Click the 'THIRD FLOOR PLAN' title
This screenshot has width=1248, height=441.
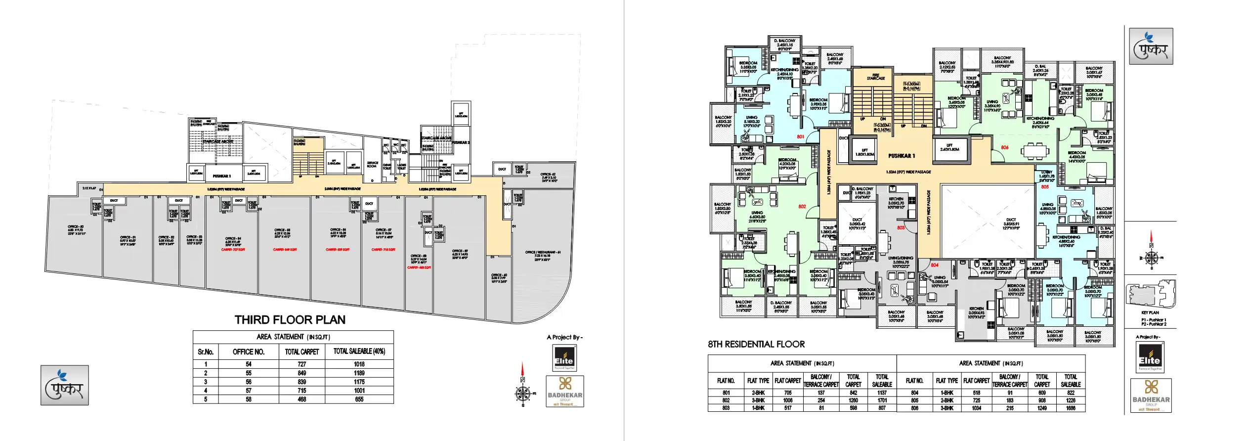coord(290,320)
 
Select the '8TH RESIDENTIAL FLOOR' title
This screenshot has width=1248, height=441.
coord(756,344)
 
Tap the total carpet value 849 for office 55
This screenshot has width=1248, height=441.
coord(301,373)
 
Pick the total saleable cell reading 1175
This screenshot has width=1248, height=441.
coord(359,382)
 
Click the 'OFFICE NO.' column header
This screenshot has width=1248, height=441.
coord(249,352)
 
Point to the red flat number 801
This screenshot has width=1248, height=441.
coord(800,136)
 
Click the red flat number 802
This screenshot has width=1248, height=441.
coord(802,207)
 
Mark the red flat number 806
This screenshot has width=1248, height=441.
coord(1004,147)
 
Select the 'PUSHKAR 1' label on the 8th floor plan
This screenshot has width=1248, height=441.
coord(901,156)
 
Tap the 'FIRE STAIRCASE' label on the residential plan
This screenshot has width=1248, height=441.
coord(875,77)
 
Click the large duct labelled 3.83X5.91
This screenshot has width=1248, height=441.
coord(1011,223)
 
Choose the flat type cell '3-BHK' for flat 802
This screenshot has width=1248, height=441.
coord(758,400)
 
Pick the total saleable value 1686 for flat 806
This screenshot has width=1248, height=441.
coord(1071,408)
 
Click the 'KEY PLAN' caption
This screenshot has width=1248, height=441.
coord(1150,312)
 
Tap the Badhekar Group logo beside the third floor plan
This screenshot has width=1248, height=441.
coord(564,391)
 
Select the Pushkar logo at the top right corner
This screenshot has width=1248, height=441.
coord(1151,46)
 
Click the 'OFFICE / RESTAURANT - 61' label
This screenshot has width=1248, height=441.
coord(543,253)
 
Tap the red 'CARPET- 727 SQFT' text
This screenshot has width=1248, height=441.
coord(233,250)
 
